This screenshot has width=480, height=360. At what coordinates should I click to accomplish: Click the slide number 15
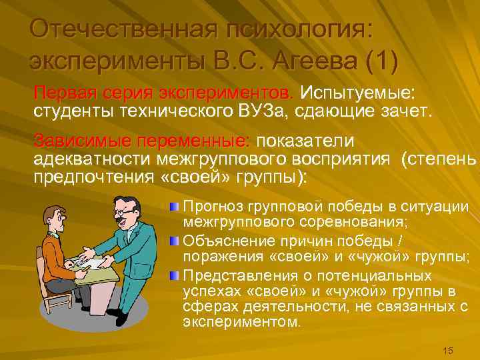coord(447,351)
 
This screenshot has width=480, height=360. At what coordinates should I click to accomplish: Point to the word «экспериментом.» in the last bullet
coord(241,321)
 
